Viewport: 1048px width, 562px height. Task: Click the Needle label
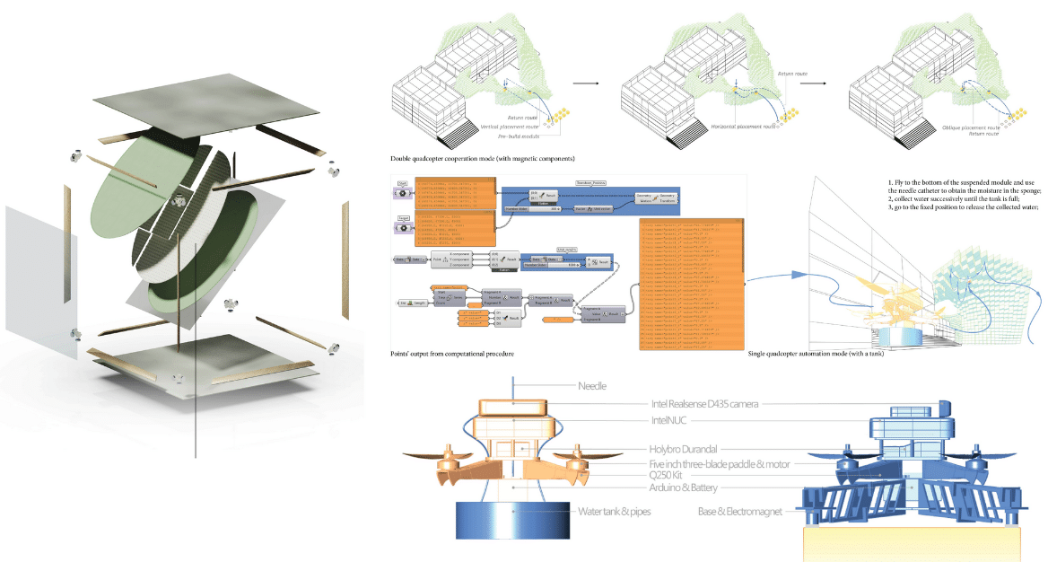tap(592, 386)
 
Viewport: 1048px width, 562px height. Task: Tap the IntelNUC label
tap(668, 420)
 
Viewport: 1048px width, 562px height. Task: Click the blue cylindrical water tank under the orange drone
tap(511, 521)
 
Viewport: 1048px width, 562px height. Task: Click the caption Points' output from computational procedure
tap(452, 355)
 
